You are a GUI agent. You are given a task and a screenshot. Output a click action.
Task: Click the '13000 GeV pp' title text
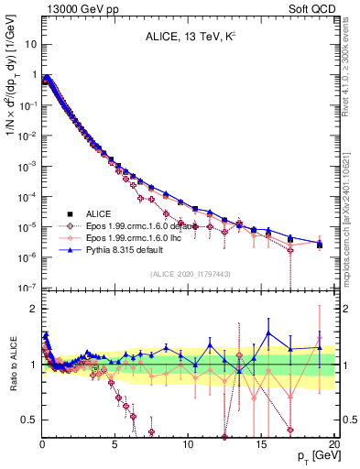point(75,8)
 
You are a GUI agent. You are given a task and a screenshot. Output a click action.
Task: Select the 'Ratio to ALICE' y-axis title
point(12,365)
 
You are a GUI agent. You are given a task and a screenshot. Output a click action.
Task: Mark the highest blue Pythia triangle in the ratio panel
point(268,333)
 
